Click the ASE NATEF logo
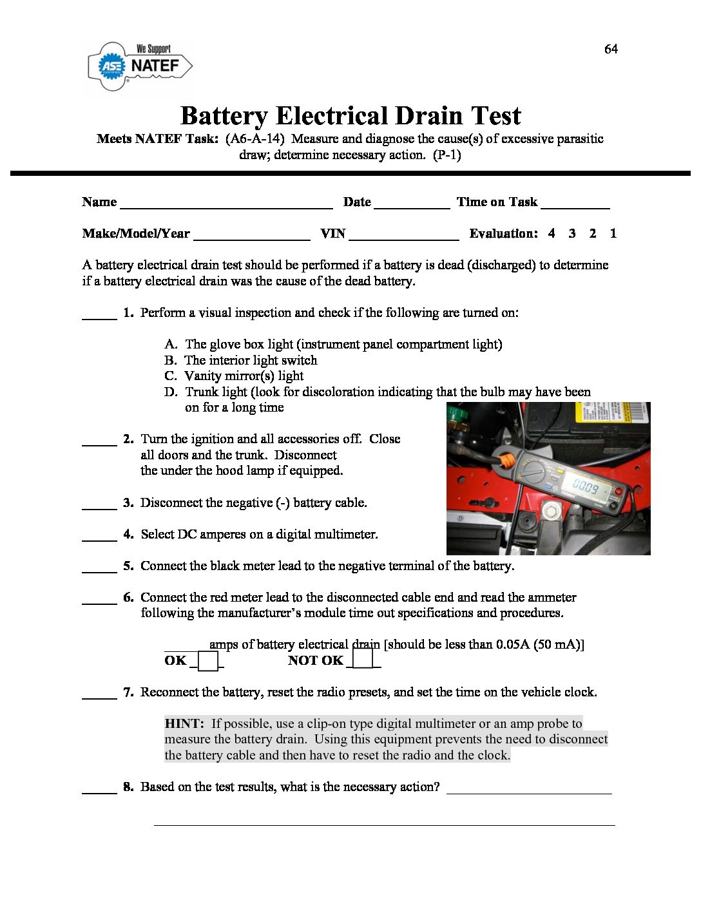pos(140,66)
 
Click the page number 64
pos(611,49)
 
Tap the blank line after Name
pos(226,204)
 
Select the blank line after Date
pos(412,204)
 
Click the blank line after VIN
pos(403,235)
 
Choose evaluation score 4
pos(552,233)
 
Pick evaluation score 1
pos(613,233)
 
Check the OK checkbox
pos(207,662)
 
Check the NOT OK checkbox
pos(363,659)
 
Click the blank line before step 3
pos(99,504)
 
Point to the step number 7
pos(128,692)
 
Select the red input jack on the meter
pos(619,492)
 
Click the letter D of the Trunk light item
pos(170,392)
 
